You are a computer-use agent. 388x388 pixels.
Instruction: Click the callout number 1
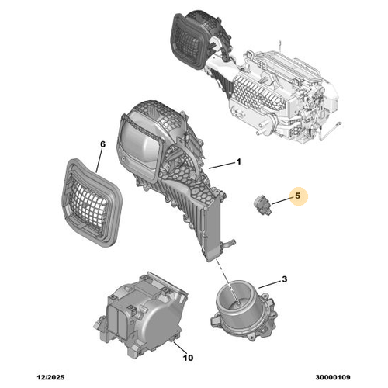pyautogui.click(x=239, y=162)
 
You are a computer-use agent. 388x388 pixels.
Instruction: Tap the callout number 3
pyautogui.click(x=285, y=279)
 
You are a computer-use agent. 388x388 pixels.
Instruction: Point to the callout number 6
pyautogui.click(x=100, y=144)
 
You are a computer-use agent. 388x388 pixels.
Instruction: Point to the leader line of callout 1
pyautogui.click(x=221, y=165)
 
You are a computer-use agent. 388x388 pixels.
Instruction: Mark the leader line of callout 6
pyautogui.click(x=99, y=159)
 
